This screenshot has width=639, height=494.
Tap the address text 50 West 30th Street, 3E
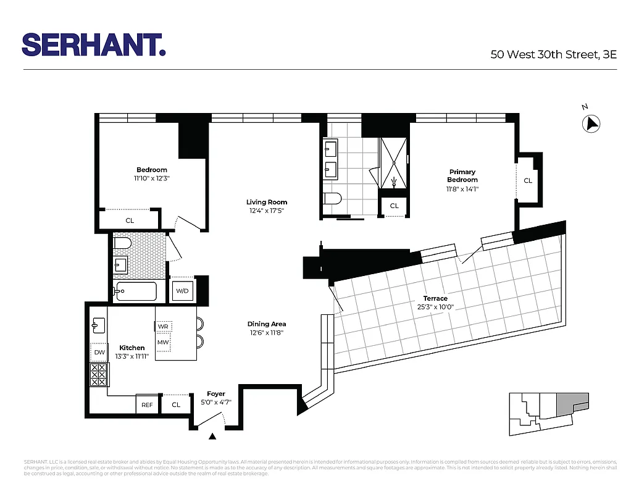pos(554,54)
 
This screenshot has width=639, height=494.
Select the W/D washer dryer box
pos(182,291)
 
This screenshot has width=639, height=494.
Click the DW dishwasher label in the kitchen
pos(99,353)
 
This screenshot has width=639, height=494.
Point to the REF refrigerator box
pos(147,404)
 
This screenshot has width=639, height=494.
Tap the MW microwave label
pos(163,341)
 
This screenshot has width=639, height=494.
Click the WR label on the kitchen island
pos(163,325)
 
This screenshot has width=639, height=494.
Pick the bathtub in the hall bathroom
pos(141,291)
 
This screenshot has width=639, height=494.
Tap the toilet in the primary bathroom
pos(332,199)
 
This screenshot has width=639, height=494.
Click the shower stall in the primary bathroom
pos(394,162)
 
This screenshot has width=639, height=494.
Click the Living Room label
pos(267,202)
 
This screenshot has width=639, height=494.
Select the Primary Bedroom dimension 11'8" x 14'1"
pos(463,189)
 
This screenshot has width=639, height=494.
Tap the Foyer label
pos(216,394)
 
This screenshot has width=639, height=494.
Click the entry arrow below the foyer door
pos(213,437)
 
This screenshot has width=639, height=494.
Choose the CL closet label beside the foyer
pos(176,404)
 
